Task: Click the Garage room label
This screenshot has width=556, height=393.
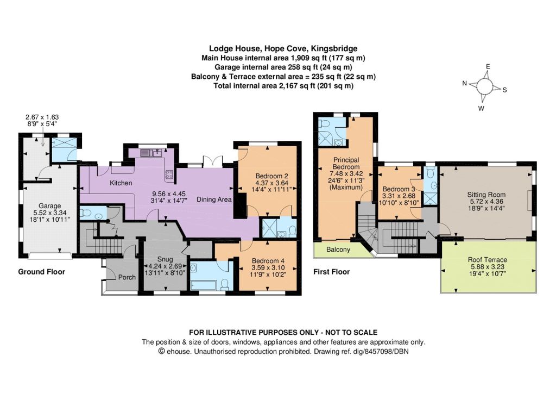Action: [x=49, y=205]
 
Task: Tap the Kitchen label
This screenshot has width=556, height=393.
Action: [x=121, y=183]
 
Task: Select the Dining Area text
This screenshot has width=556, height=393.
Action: [x=214, y=199]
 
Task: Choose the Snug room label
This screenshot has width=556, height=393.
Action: [x=165, y=259]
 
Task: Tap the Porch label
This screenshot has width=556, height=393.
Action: [x=127, y=277]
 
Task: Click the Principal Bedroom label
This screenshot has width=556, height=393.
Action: [x=346, y=163]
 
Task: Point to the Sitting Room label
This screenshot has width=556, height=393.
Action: [x=486, y=195]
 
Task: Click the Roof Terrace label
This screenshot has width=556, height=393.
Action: [x=487, y=259]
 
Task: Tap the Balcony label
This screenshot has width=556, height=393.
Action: [x=338, y=249]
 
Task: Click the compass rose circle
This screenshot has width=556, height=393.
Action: [x=484, y=86]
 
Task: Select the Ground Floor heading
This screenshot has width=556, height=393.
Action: [x=41, y=272]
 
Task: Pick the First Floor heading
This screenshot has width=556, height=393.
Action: [x=332, y=272]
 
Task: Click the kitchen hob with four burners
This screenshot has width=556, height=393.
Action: [x=169, y=174]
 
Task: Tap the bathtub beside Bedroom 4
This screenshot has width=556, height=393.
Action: [x=204, y=285]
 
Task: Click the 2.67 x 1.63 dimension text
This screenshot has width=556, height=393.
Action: [x=42, y=117]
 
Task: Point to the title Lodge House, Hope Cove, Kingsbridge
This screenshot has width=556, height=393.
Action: [x=283, y=48]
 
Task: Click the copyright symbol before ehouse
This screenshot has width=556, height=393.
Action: [x=161, y=352]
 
